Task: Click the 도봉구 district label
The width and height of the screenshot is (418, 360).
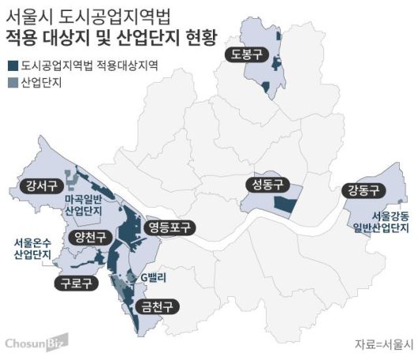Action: [x=246, y=54]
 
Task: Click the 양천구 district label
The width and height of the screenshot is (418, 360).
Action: [x=89, y=238]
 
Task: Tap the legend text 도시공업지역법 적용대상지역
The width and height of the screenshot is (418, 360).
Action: [x=90, y=66]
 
